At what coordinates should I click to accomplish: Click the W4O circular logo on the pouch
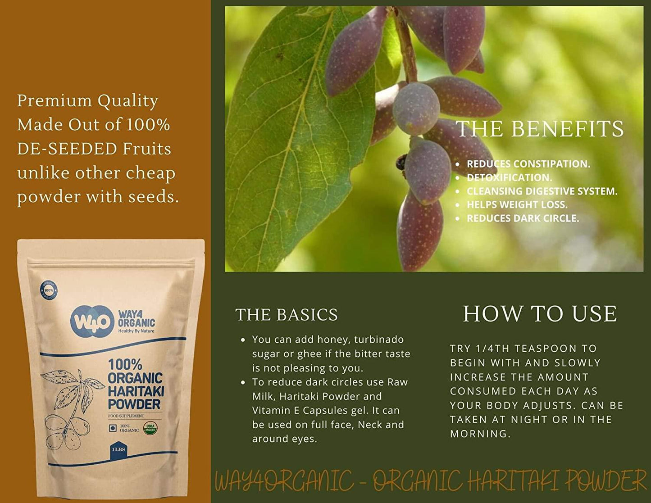92,322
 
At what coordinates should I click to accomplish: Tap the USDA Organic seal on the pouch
150,428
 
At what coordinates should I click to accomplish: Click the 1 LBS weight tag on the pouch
118,450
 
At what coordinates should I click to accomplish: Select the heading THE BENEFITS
540,129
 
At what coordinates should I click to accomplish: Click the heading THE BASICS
287,315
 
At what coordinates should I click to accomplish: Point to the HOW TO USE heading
540,314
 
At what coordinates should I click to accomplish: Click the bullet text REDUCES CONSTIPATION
528,164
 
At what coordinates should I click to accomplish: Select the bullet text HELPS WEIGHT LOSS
517,204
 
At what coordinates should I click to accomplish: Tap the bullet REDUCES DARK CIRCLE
523,218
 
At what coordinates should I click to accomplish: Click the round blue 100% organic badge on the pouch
49,290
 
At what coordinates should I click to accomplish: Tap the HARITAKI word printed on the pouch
136,391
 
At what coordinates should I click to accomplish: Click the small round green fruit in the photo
416,109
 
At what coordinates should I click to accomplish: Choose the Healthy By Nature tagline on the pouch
136,331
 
